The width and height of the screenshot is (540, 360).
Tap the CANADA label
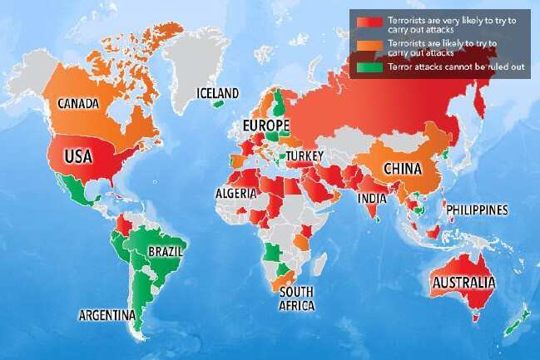[78, 104]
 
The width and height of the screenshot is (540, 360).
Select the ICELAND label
[217, 92]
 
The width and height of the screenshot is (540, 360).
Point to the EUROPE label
[265, 126]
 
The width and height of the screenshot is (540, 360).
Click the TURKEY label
[306, 155]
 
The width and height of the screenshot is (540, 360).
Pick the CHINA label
[405, 169]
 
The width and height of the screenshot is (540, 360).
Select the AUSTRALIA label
[463, 283]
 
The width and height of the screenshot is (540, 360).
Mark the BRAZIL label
[166, 250]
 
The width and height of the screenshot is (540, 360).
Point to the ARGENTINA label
[107, 315]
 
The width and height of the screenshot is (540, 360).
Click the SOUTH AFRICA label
[297, 299]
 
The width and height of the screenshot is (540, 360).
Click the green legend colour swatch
[363, 67]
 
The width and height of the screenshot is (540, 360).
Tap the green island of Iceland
[218, 104]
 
